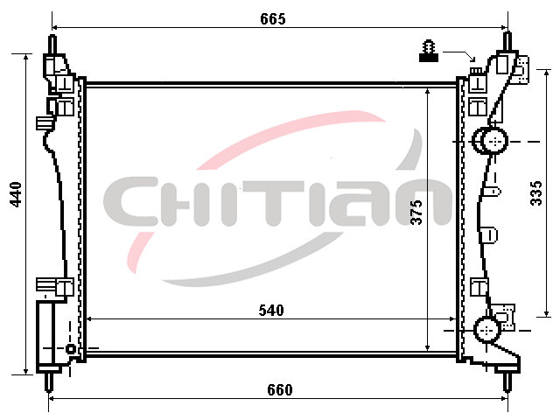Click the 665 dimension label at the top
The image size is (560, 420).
click(x=273, y=19)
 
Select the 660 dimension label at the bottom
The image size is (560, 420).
click(x=280, y=389)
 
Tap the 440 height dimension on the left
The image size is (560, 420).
click(x=16, y=194)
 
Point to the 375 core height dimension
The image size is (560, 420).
click(x=416, y=212)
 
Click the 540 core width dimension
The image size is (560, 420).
click(x=271, y=311)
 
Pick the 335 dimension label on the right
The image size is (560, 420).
click(x=536, y=193)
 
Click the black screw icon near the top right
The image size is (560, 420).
click(x=429, y=52)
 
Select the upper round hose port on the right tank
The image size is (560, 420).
click(x=490, y=141)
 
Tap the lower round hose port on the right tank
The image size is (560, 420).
click(x=486, y=330)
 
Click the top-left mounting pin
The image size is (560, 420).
click(x=52, y=45)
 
